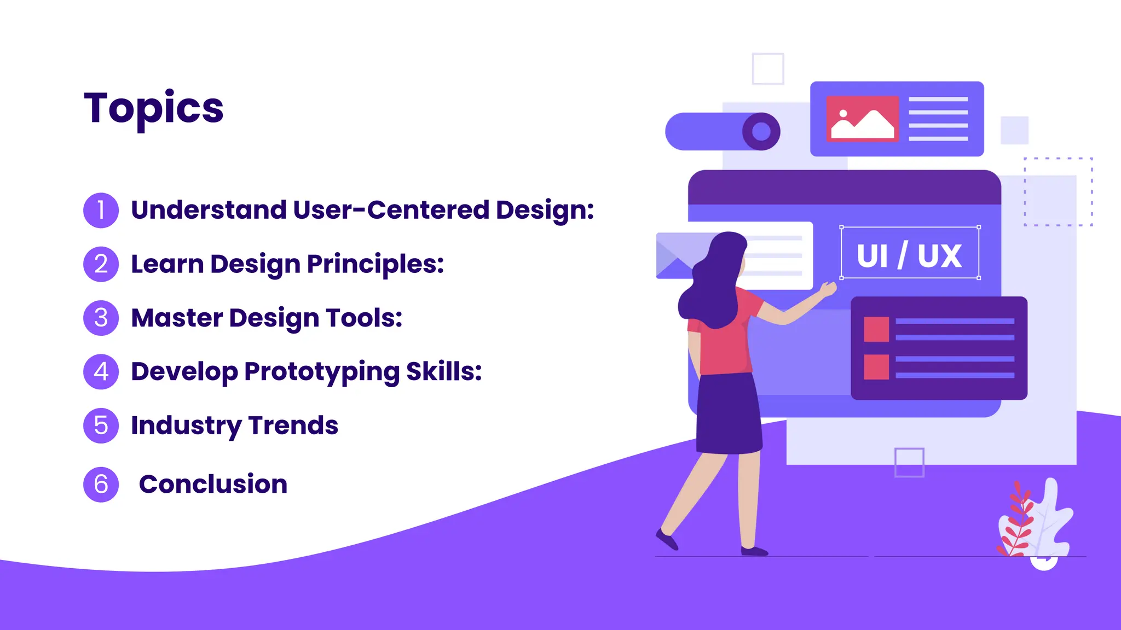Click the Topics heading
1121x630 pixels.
(154, 108)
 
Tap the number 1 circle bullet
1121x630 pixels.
(101, 210)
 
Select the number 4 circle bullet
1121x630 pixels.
(101, 372)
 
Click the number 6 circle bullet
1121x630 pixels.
(101, 485)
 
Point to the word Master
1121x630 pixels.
(177, 318)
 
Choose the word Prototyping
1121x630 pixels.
(322, 372)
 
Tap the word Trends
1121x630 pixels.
(293, 425)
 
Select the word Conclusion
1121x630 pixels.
(213, 485)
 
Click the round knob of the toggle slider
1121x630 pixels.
(761, 131)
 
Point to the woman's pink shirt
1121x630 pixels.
(723, 345)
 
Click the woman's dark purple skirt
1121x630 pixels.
(728, 416)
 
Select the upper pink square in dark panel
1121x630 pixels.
(876, 329)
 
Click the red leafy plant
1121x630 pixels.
(1017, 520)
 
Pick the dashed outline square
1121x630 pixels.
(1058, 191)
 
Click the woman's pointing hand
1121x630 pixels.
(829, 289)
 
